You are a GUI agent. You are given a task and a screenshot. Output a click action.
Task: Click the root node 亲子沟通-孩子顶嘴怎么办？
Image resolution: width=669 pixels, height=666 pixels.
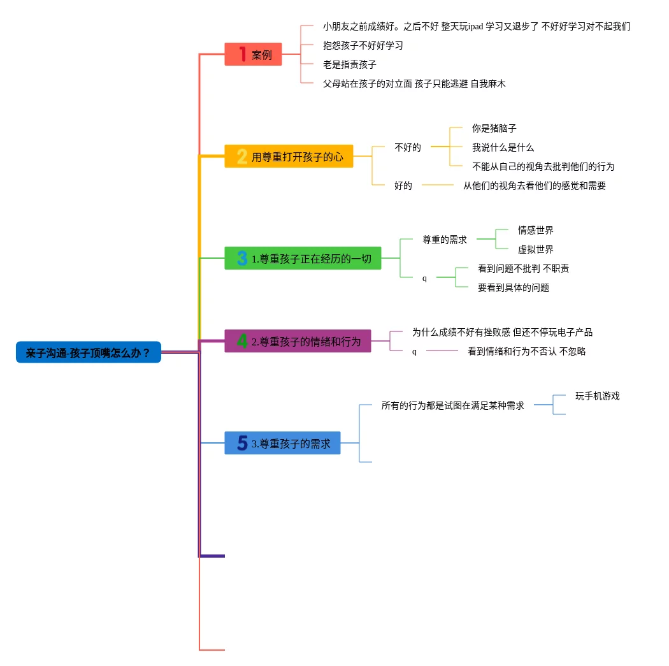(x=89, y=352)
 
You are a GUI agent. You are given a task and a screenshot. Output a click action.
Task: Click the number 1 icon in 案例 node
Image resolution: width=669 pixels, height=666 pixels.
(x=242, y=54)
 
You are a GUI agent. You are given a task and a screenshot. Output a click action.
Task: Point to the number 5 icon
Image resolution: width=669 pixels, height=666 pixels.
(x=242, y=443)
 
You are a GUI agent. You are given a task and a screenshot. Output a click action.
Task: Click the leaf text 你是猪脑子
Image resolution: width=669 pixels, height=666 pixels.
(x=494, y=128)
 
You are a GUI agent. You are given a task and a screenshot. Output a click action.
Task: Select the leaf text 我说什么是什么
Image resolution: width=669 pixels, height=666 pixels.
(x=503, y=147)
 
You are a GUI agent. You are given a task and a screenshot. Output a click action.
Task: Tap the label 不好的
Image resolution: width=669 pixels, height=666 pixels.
(x=408, y=147)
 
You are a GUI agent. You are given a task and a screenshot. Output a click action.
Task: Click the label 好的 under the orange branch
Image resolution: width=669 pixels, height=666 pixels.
(x=403, y=185)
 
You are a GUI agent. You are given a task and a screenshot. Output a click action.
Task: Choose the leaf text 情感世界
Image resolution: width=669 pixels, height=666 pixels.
(x=535, y=230)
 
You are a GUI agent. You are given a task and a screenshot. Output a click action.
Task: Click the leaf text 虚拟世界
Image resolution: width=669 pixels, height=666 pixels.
(x=535, y=249)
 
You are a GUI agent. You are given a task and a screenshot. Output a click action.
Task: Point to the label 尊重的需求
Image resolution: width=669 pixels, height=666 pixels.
(x=445, y=240)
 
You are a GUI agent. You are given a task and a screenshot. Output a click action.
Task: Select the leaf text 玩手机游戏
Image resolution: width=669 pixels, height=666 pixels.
(x=597, y=396)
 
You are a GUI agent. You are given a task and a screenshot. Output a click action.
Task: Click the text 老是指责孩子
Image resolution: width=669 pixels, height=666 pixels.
(x=349, y=64)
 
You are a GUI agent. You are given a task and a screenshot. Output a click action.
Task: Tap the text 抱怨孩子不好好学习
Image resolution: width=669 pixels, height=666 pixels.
(x=363, y=45)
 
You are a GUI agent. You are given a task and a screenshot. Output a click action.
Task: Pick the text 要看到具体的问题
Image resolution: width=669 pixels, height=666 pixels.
(x=513, y=287)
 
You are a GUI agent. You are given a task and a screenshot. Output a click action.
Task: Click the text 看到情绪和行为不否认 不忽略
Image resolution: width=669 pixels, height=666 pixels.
(x=526, y=351)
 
